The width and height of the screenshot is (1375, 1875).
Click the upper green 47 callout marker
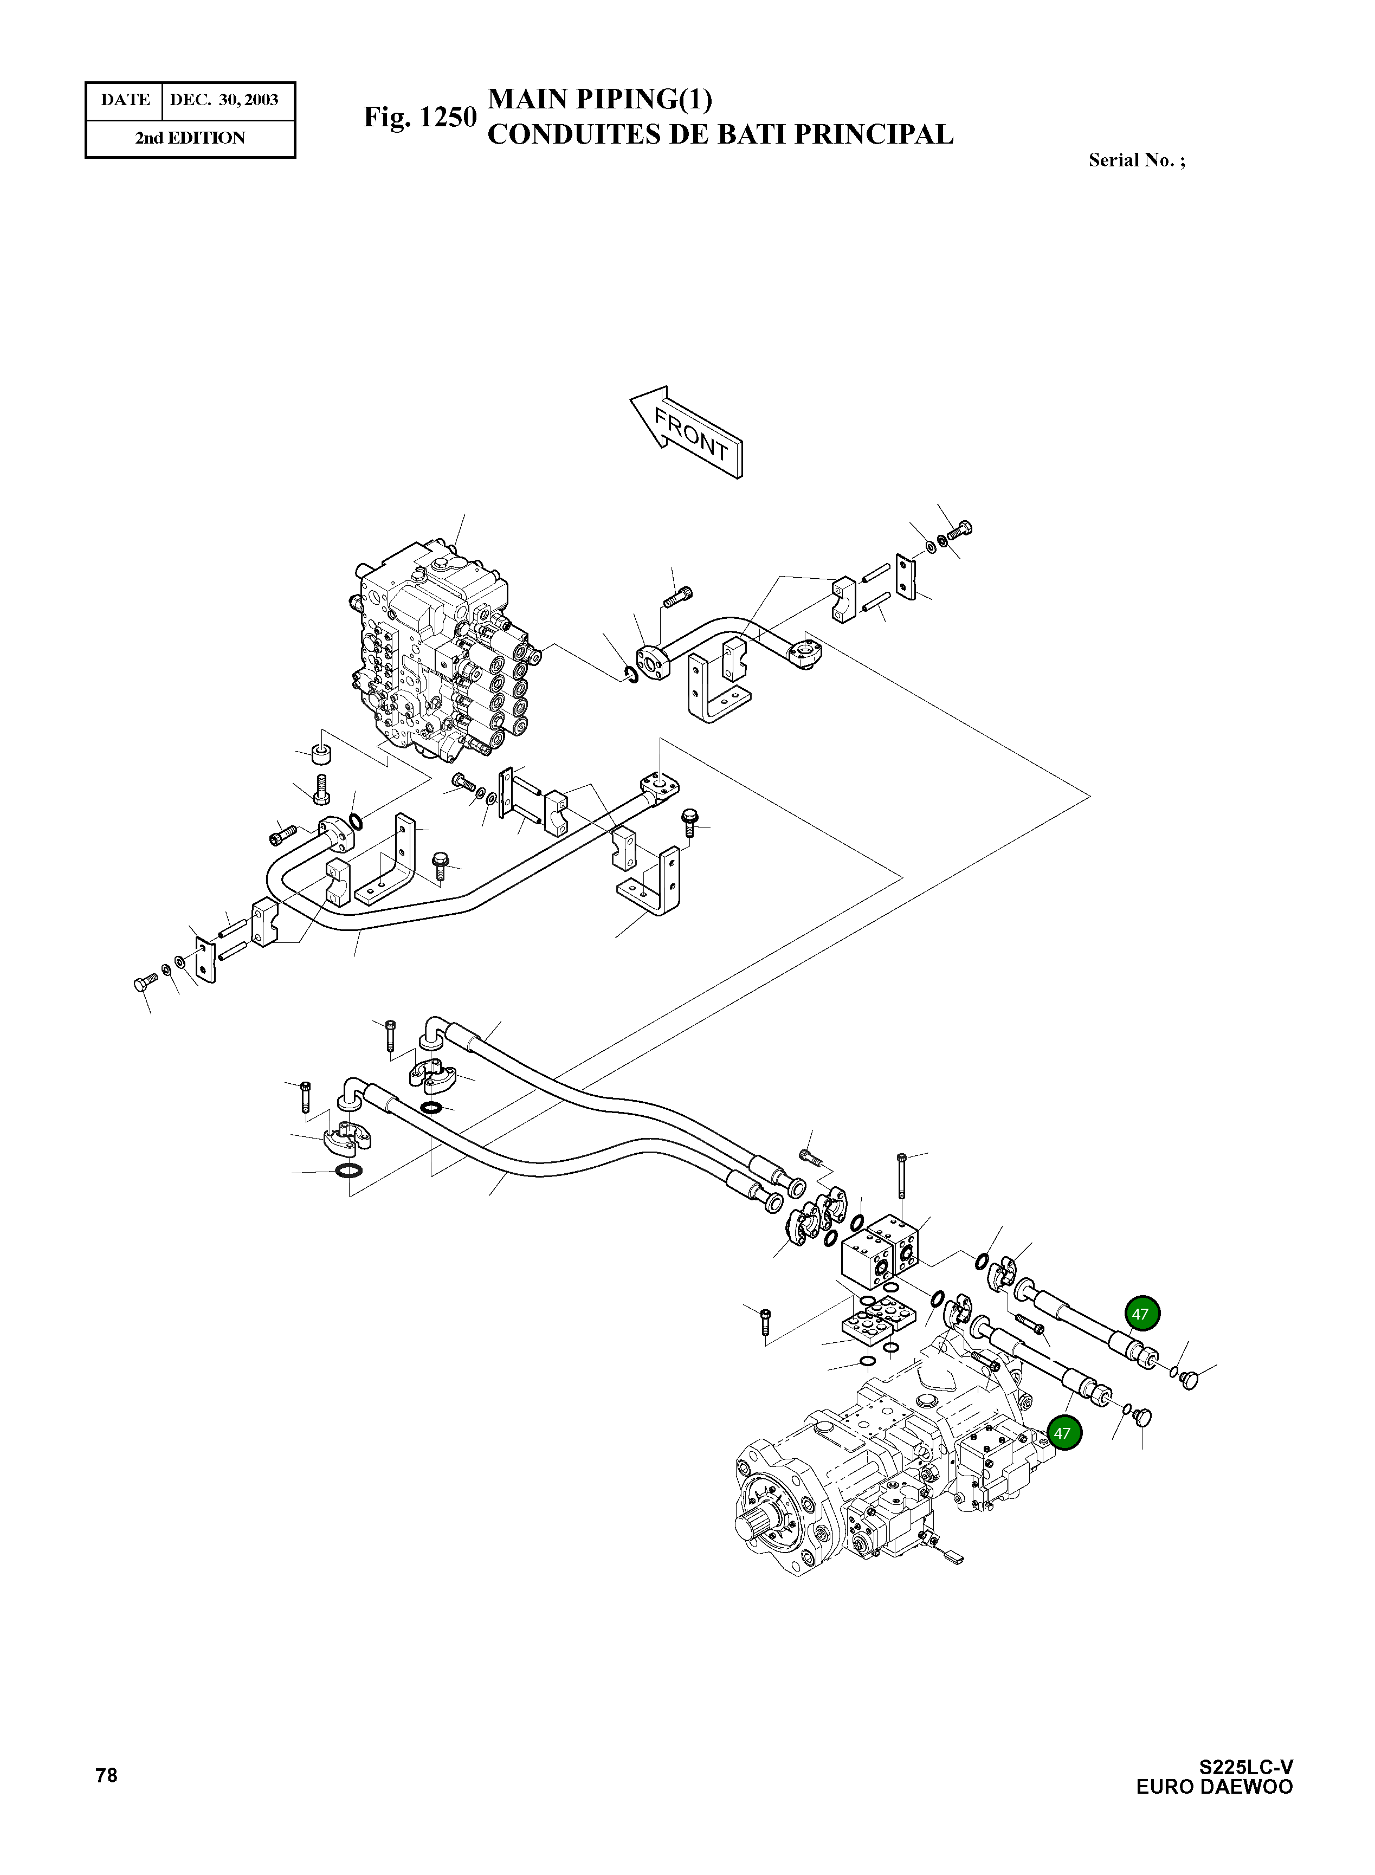[1141, 1314]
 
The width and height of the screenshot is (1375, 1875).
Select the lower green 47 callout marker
[1062, 1433]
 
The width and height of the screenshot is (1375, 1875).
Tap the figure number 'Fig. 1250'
[419, 118]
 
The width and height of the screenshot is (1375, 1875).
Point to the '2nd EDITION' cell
[191, 138]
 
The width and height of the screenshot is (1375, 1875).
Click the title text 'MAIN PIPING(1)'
[599, 99]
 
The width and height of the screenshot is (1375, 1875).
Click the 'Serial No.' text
[1136, 160]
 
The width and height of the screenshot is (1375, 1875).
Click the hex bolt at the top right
[962, 529]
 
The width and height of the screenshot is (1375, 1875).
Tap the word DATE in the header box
[125, 100]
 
